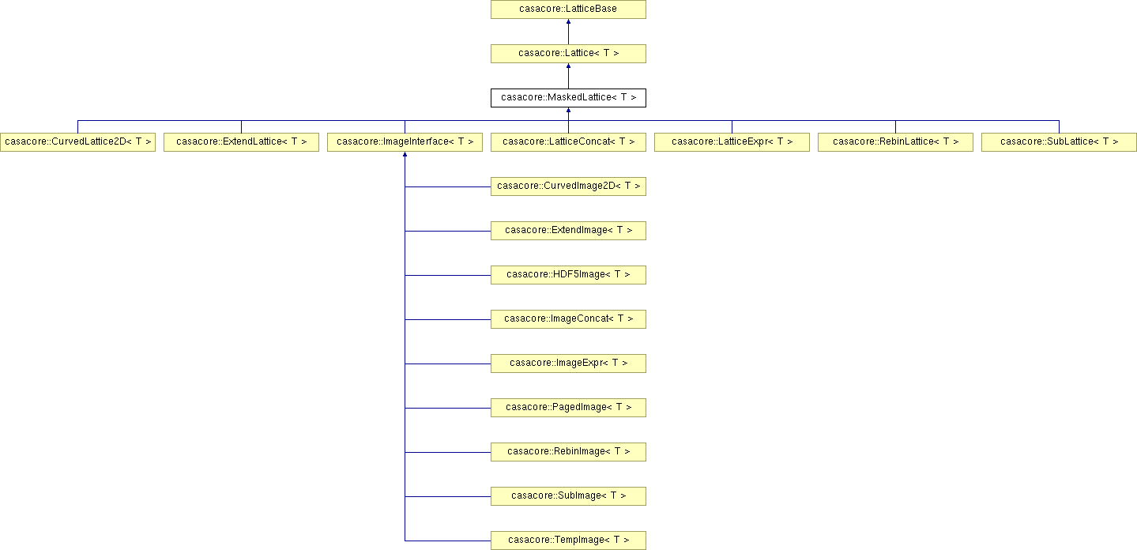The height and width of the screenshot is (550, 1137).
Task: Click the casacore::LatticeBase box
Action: click(568, 9)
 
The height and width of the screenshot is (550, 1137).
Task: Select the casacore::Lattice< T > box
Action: click(568, 53)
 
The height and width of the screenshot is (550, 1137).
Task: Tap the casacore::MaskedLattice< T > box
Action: click(568, 97)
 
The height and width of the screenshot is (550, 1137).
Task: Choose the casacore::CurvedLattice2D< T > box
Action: click(77, 141)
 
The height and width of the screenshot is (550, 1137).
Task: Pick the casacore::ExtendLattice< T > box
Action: click(241, 141)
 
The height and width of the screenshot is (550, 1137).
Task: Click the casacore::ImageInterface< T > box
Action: click(405, 141)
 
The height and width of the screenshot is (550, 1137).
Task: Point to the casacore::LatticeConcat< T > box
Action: click(568, 141)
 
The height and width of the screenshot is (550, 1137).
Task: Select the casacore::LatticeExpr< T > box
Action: click(732, 141)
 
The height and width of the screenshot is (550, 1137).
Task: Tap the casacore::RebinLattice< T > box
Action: click(895, 141)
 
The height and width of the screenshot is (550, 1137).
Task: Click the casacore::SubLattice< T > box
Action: click(1059, 141)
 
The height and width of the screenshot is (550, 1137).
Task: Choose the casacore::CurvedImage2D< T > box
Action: click(568, 186)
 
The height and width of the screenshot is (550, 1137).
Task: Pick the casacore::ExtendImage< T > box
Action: click(568, 231)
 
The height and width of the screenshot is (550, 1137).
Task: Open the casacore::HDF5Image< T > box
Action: click(568, 275)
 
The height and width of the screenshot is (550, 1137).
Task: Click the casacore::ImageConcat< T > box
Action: click(568, 319)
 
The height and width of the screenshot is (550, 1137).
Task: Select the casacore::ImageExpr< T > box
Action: click(568, 364)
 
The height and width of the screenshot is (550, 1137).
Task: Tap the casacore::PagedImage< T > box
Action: click(568, 408)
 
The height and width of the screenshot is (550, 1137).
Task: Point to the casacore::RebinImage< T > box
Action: click(568, 452)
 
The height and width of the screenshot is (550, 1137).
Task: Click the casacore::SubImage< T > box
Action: click(568, 496)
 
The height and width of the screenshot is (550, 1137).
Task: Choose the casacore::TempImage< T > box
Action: click(568, 541)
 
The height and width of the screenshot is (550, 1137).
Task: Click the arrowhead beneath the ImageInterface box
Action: click(405, 154)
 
